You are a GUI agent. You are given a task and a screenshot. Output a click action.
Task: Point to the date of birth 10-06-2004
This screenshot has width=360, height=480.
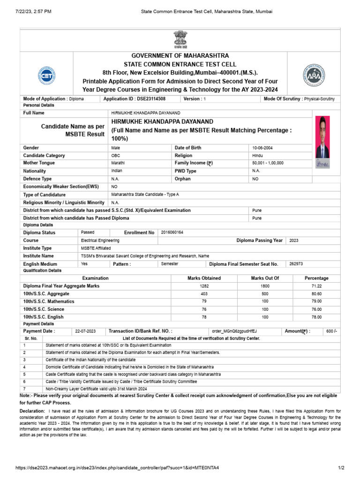262,148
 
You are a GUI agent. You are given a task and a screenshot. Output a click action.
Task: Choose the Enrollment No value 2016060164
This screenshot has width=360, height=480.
172,232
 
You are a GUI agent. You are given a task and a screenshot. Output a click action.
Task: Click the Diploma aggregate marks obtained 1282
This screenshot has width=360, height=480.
204,286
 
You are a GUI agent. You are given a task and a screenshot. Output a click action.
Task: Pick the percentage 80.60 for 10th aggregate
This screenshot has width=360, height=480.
316,294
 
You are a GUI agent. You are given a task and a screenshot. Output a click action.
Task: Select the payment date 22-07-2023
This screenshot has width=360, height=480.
85,331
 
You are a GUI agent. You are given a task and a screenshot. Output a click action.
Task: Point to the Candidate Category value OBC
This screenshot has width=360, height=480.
116,155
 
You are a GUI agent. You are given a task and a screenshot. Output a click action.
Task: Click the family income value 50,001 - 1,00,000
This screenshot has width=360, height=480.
268,163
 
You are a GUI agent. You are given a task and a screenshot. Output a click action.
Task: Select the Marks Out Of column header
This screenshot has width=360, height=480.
265,278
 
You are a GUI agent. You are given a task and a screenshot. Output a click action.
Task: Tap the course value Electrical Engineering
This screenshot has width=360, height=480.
100,240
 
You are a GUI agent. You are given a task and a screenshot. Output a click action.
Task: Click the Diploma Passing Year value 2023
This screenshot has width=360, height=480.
294,240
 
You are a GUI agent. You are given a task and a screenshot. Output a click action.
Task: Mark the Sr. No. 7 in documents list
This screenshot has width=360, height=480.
24,389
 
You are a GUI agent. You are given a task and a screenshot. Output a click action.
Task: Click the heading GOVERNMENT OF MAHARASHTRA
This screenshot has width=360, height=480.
180,55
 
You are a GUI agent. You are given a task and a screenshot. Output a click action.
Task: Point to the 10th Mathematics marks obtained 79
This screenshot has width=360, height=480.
204,301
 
